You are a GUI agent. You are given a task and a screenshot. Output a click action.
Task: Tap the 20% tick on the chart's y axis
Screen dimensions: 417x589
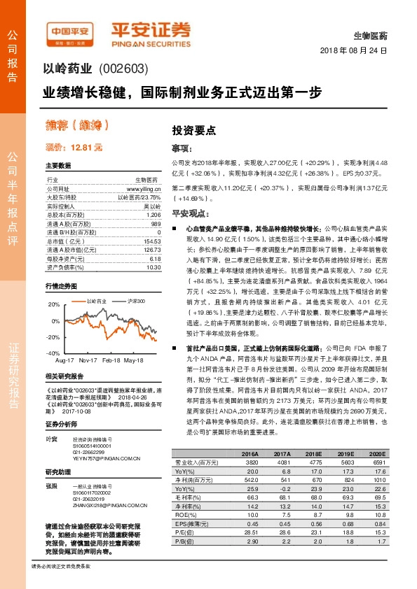tap(54, 304)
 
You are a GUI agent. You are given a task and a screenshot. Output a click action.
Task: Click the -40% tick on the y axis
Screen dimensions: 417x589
tap(53, 353)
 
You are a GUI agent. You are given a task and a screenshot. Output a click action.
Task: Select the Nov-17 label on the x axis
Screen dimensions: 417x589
tap(88, 360)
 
